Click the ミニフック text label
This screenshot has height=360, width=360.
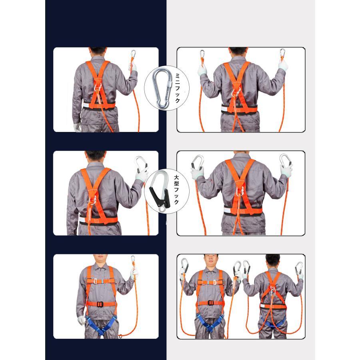coord(178,88)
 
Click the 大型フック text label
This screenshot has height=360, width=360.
coord(176,190)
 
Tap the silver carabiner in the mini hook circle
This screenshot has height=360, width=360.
coord(162,88)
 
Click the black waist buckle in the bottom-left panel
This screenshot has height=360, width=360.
coord(100,304)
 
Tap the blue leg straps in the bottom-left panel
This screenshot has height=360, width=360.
coord(101,324)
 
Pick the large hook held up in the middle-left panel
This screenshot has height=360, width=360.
coord(140,164)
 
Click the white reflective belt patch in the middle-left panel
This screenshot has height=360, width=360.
coord(82,220)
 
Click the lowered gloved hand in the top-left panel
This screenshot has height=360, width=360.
coord(77,127)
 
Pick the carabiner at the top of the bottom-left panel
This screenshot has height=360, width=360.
coord(133,260)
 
